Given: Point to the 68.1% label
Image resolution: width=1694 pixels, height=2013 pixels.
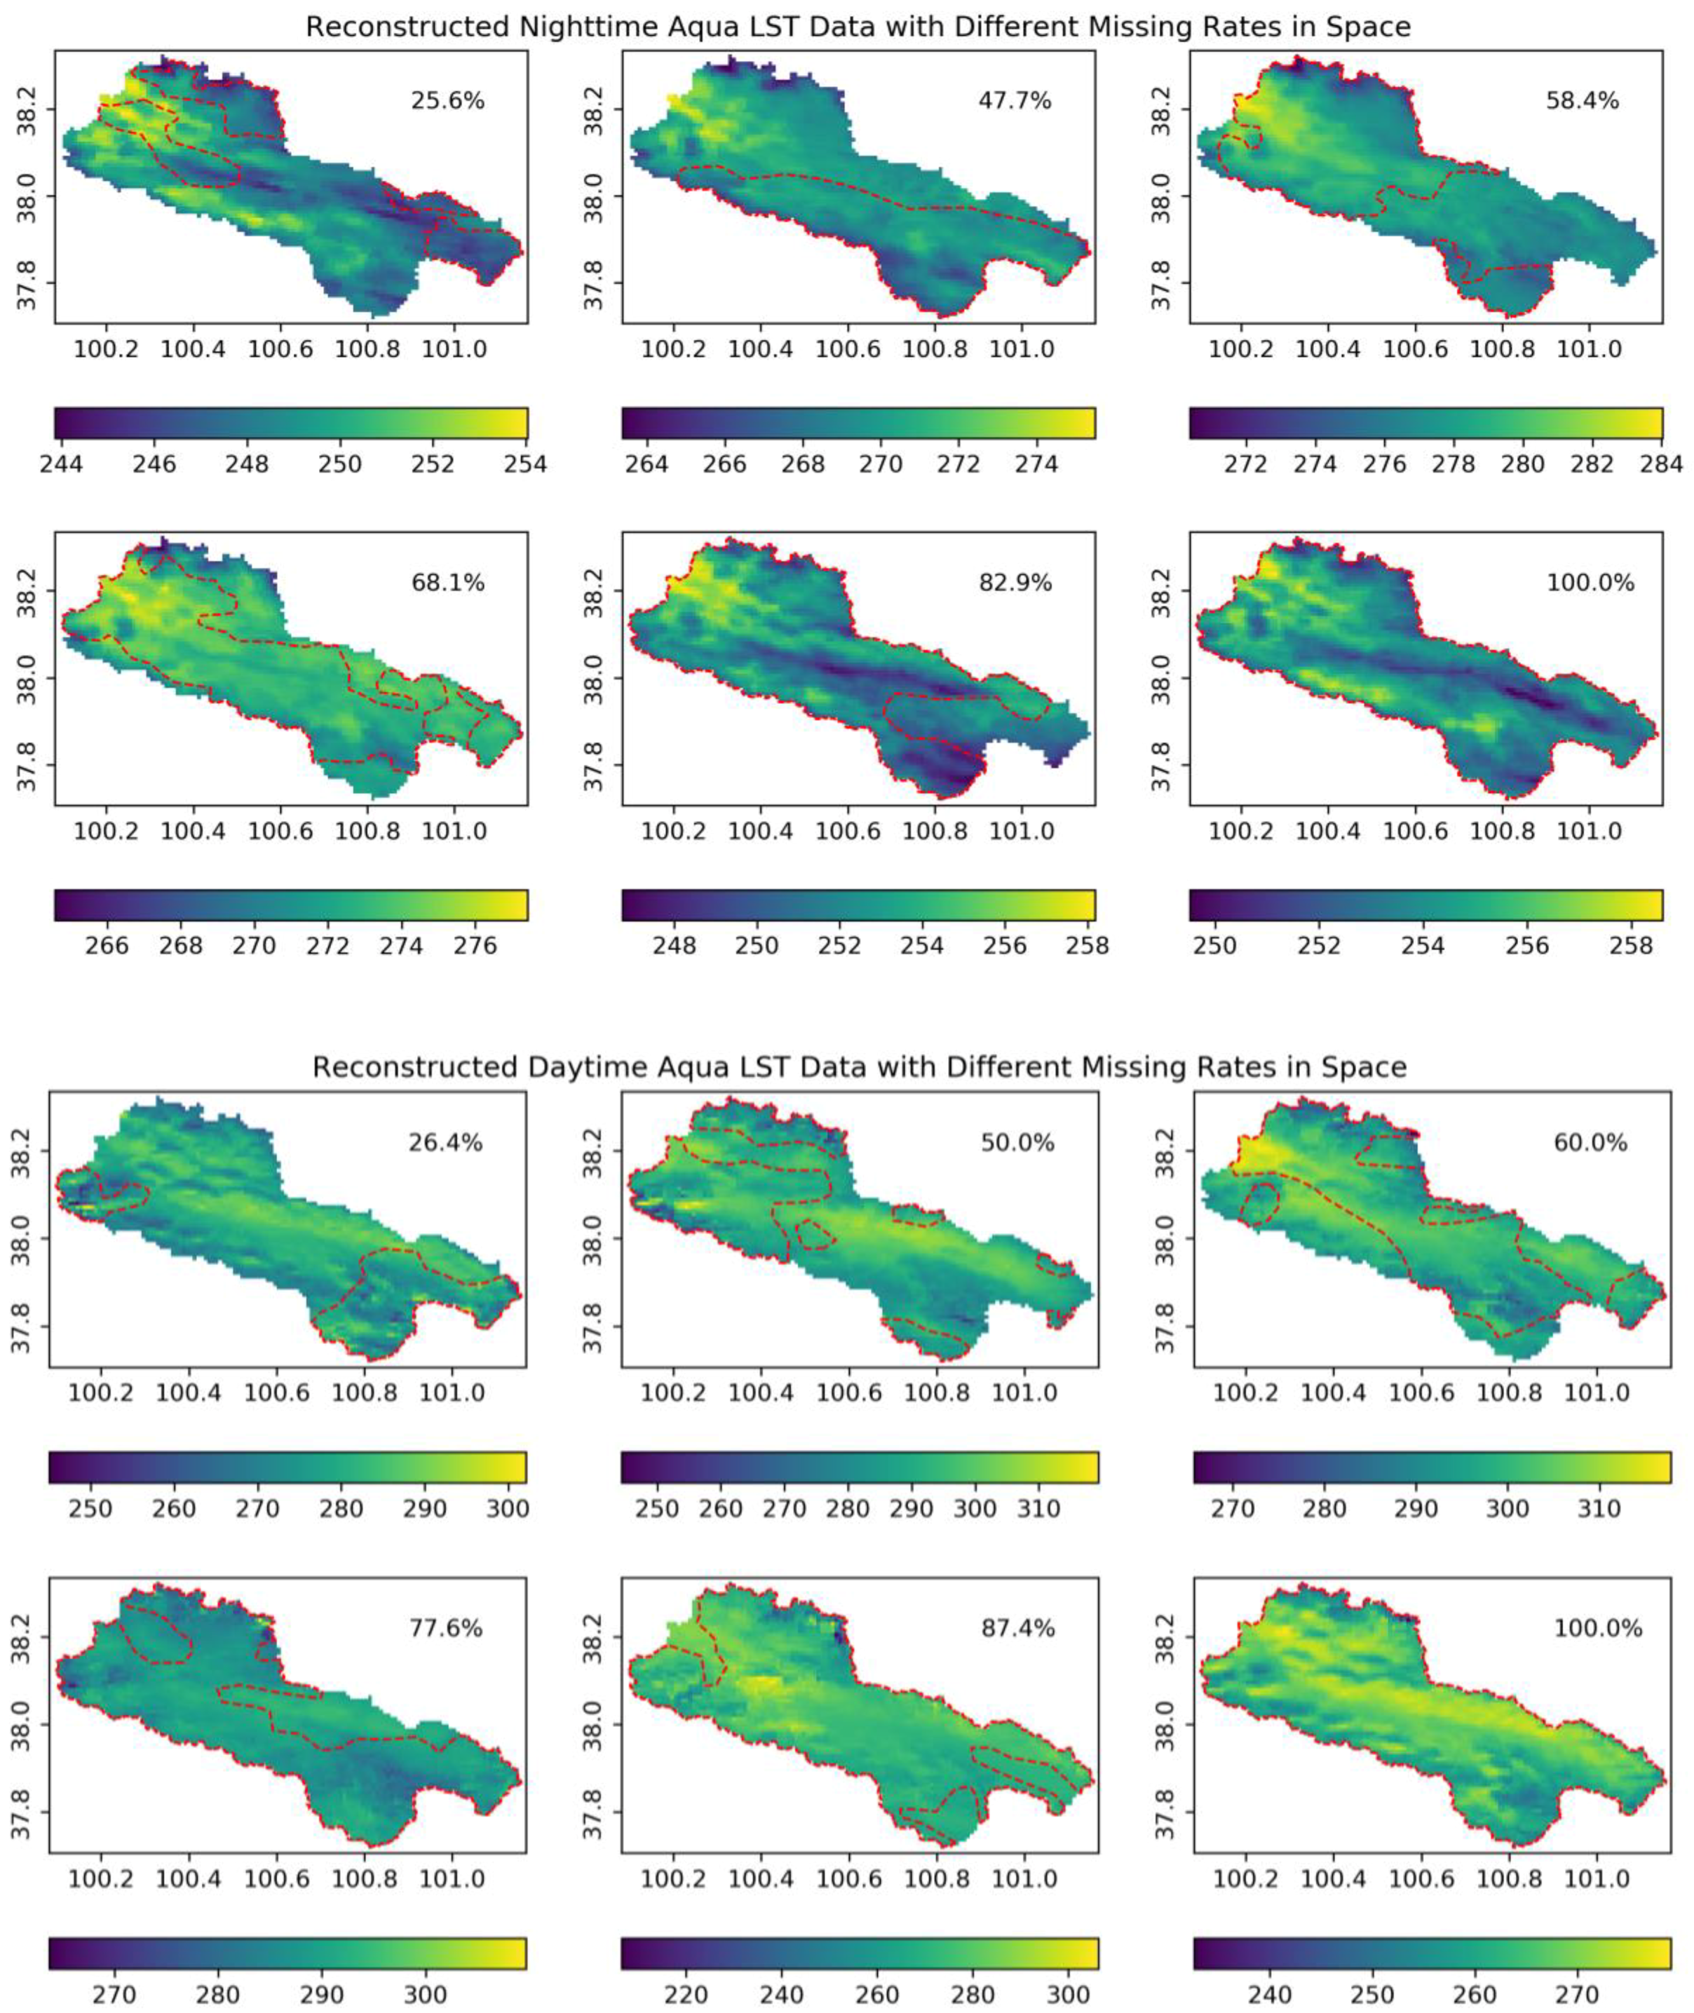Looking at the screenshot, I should coord(447,583).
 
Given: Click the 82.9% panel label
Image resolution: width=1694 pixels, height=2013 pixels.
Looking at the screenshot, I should coord(1015,583).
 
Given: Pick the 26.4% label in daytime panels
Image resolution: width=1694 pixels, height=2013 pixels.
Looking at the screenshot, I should coord(444,1143).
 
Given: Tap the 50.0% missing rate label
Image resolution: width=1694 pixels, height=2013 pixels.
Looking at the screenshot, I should coord(1017,1143).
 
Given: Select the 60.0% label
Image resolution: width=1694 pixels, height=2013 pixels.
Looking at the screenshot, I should coord(1590,1143).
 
